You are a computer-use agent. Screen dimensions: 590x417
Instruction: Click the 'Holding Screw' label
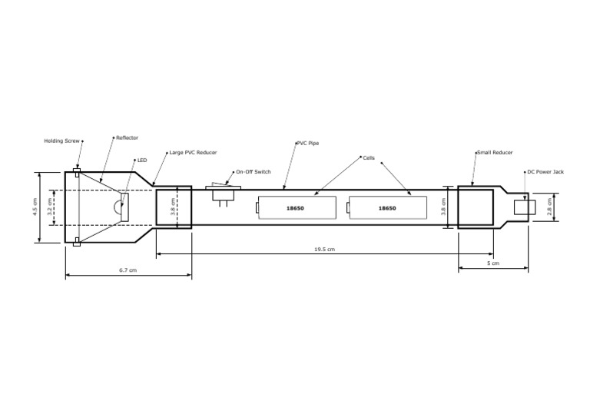(x=61, y=141)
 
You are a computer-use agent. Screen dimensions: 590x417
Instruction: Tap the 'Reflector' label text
(x=127, y=138)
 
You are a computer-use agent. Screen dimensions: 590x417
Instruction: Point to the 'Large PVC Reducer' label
(x=193, y=153)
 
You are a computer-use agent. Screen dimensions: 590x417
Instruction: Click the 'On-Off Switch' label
(x=254, y=171)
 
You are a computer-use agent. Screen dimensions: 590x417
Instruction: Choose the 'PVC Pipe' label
(x=308, y=143)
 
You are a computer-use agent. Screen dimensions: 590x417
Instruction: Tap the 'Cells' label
(x=369, y=157)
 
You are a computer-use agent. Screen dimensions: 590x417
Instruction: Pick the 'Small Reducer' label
(x=495, y=153)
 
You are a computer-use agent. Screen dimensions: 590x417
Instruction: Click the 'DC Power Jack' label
(x=545, y=172)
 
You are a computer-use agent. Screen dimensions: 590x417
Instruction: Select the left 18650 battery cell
(x=296, y=208)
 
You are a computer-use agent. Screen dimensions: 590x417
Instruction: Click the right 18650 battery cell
(x=387, y=208)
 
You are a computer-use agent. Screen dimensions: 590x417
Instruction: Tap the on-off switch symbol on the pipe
(x=224, y=193)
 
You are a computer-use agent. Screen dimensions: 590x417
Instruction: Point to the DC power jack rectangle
(x=525, y=206)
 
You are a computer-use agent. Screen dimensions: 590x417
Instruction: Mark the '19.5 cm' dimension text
(x=325, y=250)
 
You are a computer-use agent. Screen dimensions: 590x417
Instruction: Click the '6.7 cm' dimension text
(x=128, y=271)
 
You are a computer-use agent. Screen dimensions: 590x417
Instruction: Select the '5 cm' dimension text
(x=494, y=263)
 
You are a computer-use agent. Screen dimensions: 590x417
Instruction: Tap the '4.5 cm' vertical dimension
(x=35, y=207)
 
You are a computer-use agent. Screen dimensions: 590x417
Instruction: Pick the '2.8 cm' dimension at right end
(x=549, y=207)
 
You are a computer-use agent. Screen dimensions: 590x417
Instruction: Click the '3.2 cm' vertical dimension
(x=51, y=207)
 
